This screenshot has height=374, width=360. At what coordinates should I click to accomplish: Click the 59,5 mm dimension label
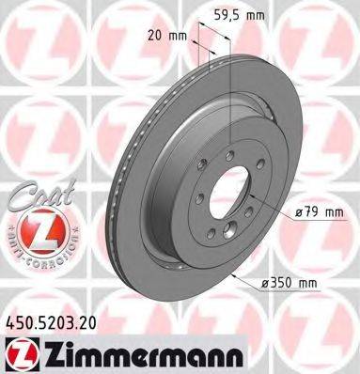coord(247,16)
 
